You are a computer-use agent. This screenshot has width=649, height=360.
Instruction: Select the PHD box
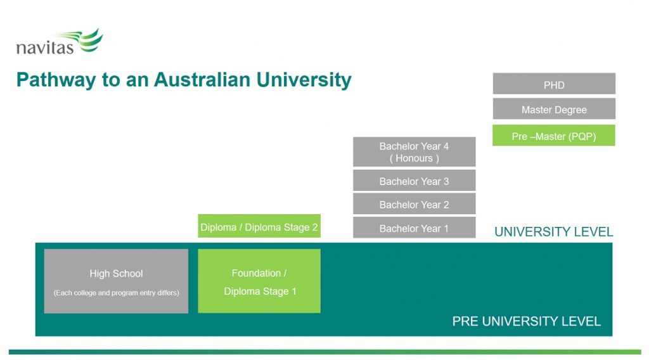pos(554,84)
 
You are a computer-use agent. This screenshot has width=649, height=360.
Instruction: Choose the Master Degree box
pos(554,109)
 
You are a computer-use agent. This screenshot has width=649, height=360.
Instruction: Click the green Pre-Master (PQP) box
pos(554,136)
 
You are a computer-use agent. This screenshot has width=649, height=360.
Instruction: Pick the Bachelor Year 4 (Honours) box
pos(414,152)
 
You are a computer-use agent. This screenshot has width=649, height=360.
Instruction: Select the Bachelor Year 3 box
pos(414,181)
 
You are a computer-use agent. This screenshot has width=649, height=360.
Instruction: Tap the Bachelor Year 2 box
pos(414,204)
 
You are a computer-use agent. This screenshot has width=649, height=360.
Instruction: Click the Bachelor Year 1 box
pos(414,228)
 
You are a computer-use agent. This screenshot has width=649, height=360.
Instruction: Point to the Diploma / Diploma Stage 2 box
pos(259,226)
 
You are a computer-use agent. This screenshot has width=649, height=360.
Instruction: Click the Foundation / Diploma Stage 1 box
pos(259,281)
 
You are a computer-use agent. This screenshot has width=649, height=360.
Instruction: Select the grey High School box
pos(116,281)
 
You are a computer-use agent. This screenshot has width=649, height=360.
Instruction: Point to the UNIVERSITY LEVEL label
pos(553,232)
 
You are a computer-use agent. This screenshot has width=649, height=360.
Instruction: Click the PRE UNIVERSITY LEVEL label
pos(526,321)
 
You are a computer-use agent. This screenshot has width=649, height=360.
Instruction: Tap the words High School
pos(116,274)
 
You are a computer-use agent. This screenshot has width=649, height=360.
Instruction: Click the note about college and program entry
pos(116,293)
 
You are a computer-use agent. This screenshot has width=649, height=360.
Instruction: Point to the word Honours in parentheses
pos(414,158)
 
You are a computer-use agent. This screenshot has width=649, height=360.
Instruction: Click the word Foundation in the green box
pos(256,273)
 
